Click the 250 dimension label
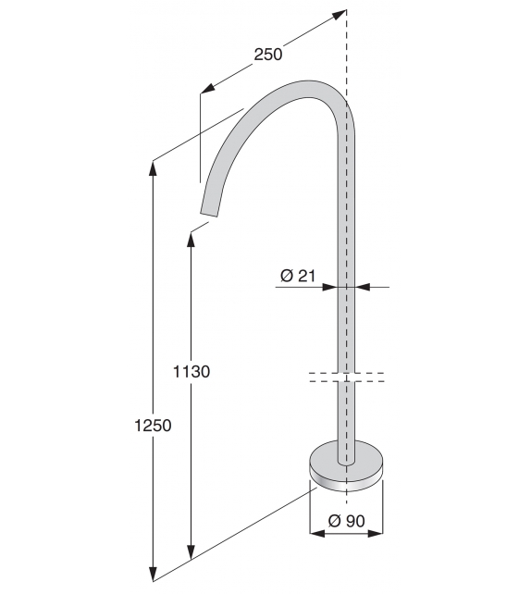[x=267, y=55]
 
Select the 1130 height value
[x=191, y=372]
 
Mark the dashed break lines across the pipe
[x=345, y=377]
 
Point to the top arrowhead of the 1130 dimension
[x=191, y=237]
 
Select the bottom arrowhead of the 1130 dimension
[x=191, y=552]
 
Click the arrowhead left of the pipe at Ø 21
[x=330, y=288]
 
